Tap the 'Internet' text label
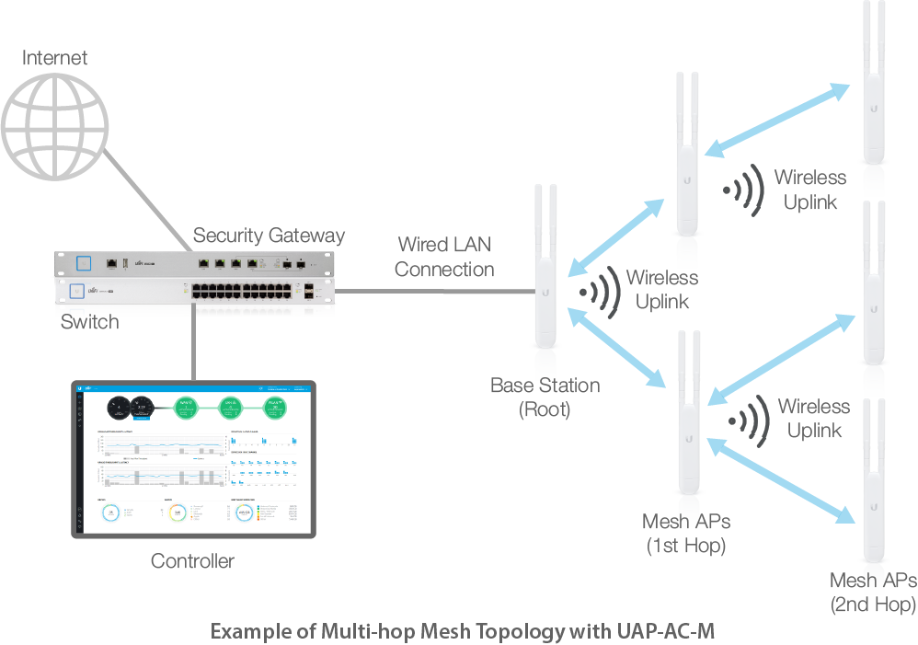click(x=54, y=58)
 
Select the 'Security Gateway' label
click(x=269, y=236)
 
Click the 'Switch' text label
click(x=89, y=322)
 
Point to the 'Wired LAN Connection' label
click(x=444, y=258)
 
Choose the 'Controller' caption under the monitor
click(x=192, y=560)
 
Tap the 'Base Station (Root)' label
click(x=545, y=397)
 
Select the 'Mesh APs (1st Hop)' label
click(x=685, y=534)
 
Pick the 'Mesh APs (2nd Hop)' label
click(x=873, y=592)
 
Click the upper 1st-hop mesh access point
click(x=685, y=166)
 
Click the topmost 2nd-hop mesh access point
click(x=872, y=92)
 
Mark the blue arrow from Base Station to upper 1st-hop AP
click(x=616, y=237)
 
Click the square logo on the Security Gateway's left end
click(x=85, y=262)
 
